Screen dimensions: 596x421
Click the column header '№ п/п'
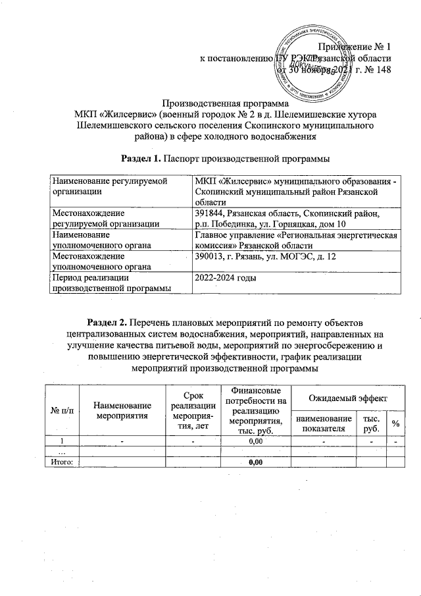tap(62, 410)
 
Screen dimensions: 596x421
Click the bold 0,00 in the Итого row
tap(255, 462)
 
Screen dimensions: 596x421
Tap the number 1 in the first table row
tap(62, 441)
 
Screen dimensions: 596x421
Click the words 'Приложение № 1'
tap(355, 47)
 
